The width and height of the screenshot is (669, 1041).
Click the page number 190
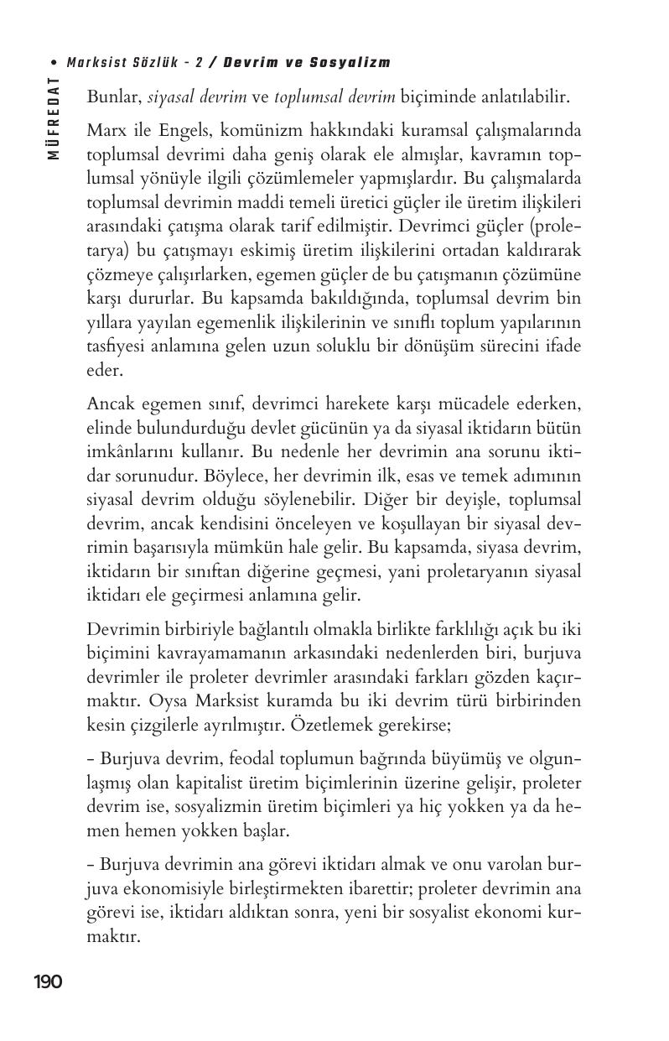(x=48, y=982)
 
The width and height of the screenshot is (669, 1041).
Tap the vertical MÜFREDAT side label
(x=54, y=117)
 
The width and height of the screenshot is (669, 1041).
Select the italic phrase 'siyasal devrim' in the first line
(x=197, y=96)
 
